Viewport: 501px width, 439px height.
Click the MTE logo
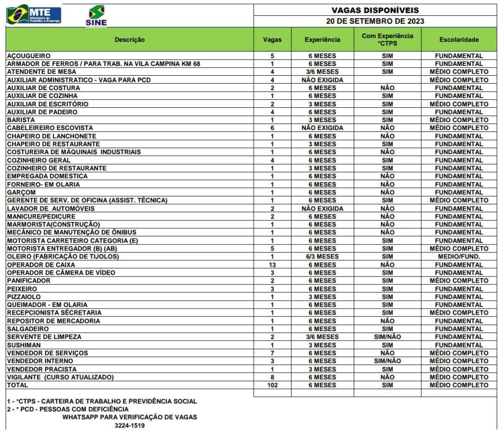[x=33, y=14]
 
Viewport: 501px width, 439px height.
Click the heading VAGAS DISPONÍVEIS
[x=375, y=10]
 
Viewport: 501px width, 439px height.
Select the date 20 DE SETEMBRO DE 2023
[x=375, y=21]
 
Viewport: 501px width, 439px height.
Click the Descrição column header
[x=129, y=39]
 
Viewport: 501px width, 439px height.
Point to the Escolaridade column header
[x=459, y=39]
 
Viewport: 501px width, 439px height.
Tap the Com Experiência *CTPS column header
[x=387, y=39]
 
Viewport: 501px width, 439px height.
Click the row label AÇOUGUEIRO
[x=29, y=56]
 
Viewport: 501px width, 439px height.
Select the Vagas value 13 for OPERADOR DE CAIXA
[x=272, y=265]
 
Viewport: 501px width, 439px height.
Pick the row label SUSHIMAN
[x=24, y=345]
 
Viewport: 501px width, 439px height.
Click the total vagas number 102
[x=272, y=385]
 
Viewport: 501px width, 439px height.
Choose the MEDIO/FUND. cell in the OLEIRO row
[x=459, y=257]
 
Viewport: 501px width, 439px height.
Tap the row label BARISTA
[x=21, y=120]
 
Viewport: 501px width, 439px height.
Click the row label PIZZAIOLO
[x=24, y=297]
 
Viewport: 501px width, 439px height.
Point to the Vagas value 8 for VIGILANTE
[x=272, y=377]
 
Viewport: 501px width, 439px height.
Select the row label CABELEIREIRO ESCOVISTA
[x=50, y=128]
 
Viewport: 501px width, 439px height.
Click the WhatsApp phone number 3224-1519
[x=129, y=425]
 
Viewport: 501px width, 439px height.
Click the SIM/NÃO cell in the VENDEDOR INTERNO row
[x=387, y=361]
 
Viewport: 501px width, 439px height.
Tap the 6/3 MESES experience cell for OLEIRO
[x=322, y=257]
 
